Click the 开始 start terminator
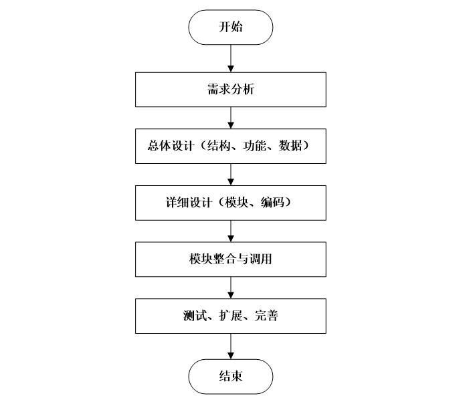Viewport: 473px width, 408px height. click(x=231, y=28)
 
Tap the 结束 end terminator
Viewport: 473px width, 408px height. click(x=231, y=376)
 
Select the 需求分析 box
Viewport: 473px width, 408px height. click(x=231, y=90)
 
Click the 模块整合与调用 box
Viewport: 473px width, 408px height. click(x=231, y=260)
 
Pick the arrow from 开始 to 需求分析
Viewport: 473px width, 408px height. click(x=231, y=59)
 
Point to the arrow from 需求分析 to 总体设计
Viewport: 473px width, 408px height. click(x=231, y=118)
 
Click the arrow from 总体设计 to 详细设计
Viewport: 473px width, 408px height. click(x=231, y=174)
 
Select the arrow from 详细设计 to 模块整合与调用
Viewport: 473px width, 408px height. click(x=231, y=231)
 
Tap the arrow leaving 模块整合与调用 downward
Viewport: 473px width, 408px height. click(x=231, y=288)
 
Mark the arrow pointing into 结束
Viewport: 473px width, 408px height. click(x=231, y=346)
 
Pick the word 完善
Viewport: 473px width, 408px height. click(x=266, y=316)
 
